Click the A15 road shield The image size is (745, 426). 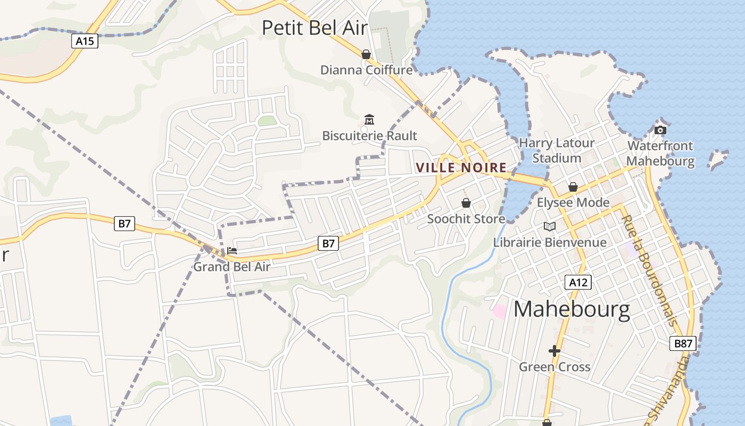click(85, 41)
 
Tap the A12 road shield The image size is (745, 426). click(578, 282)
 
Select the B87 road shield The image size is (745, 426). click(683, 343)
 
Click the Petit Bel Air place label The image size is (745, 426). click(315, 28)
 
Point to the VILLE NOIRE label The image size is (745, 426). click(461, 168)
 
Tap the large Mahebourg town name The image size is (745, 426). click(572, 309)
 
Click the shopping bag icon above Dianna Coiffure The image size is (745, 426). click(366, 54)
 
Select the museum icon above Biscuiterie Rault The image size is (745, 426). click(369, 119)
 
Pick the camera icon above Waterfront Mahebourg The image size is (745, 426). click(660, 130)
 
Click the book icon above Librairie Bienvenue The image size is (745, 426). click(550, 227)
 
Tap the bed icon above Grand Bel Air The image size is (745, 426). click(232, 251)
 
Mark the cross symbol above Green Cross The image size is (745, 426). click(554, 351)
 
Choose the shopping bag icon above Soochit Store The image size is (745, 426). click(466, 203)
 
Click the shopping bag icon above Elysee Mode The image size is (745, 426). click(573, 187)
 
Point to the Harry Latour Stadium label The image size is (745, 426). click(557, 150)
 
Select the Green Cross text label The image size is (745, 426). click(554, 366)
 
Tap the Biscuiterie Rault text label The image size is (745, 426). click(370, 136)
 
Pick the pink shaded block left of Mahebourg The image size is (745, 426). click(500, 311)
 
